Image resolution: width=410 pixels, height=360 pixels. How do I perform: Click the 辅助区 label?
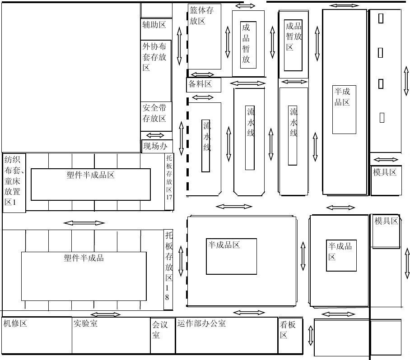(x=154, y=25)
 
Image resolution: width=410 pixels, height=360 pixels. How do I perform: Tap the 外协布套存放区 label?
(x=154, y=57)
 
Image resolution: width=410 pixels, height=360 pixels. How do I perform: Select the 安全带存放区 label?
(x=154, y=113)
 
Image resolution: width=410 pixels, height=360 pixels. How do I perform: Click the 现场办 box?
(x=157, y=146)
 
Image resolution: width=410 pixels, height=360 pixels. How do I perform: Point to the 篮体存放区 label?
(x=201, y=15)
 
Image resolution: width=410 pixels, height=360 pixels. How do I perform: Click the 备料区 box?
(x=204, y=85)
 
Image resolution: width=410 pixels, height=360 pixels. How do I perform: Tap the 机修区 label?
(x=15, y=323)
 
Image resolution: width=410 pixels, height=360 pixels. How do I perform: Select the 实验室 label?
(x=85, y=323)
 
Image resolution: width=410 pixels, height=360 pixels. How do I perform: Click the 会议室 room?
(x=163, y=336)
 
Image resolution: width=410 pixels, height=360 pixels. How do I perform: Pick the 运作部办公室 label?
(x=201, y=323)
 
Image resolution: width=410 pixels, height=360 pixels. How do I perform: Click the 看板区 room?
(x=290, y=336)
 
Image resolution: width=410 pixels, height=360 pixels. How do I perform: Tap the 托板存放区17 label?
(x=169, y=177)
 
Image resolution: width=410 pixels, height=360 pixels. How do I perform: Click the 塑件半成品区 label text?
(x=90, y=175)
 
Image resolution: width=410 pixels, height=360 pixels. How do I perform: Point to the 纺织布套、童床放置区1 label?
(x=14, y=181)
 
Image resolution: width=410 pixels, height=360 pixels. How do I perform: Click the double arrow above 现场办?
(x=155, y=135)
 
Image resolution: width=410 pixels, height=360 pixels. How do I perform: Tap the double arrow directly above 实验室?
(x=105, y=314)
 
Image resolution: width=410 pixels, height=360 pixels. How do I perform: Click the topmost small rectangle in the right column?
(x=381, y=18)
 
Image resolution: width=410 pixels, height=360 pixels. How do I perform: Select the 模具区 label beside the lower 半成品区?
(x=386, y=221)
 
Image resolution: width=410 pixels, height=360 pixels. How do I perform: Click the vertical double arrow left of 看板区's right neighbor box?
(x=311, y=336)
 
